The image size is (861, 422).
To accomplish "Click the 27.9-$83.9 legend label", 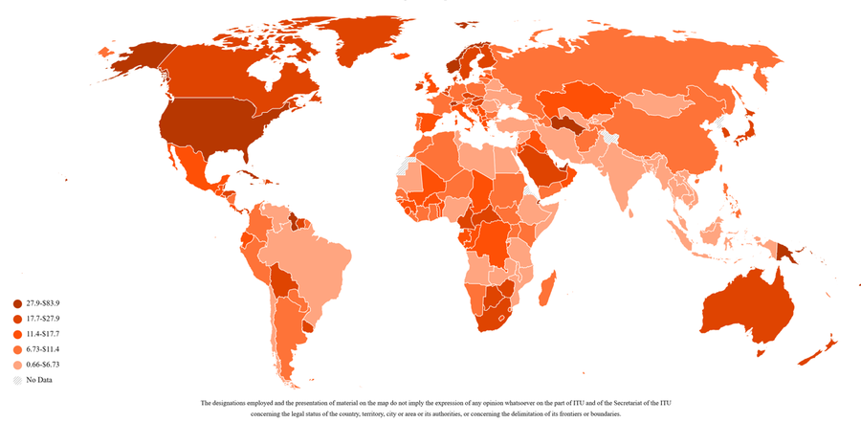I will pyautogui.click(x=50, y=303).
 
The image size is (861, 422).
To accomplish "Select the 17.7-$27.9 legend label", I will pyautogui.click(x=50, y=319).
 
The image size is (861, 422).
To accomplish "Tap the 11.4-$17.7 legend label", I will pyautogui.click(x=50, y=334).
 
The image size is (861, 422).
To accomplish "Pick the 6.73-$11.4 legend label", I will pyautogui.click(x=50, y=349).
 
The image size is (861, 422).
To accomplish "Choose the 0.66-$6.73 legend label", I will pyautogui.click(x=50, y=365).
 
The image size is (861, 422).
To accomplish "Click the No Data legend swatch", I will pyautogui.click(x=17, y=380).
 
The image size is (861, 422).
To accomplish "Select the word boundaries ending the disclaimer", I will pyautogui.click(x=605, y=414).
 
